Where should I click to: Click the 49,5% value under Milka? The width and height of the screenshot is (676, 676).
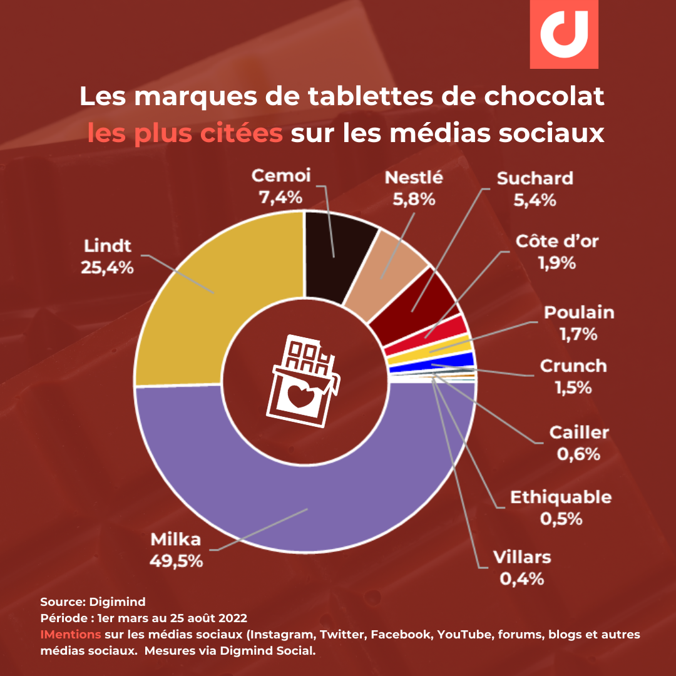click(x=176, y=560)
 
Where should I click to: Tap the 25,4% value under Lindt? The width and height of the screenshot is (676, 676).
click(x=107, y=267)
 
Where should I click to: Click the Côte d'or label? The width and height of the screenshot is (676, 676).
click(x=557, y=242)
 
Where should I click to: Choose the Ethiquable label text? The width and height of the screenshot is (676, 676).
click(x=560, y=498)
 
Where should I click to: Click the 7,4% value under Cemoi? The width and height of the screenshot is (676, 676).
click(x=280, y=197)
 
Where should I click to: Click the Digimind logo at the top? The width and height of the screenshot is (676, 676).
click(x=563, y=34)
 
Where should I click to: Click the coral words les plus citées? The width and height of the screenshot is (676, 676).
click(x=185, y=133)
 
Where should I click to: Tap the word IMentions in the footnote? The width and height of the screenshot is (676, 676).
click(x=71, y=635)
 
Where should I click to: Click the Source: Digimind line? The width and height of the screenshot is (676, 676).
click(x=93, y=602)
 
